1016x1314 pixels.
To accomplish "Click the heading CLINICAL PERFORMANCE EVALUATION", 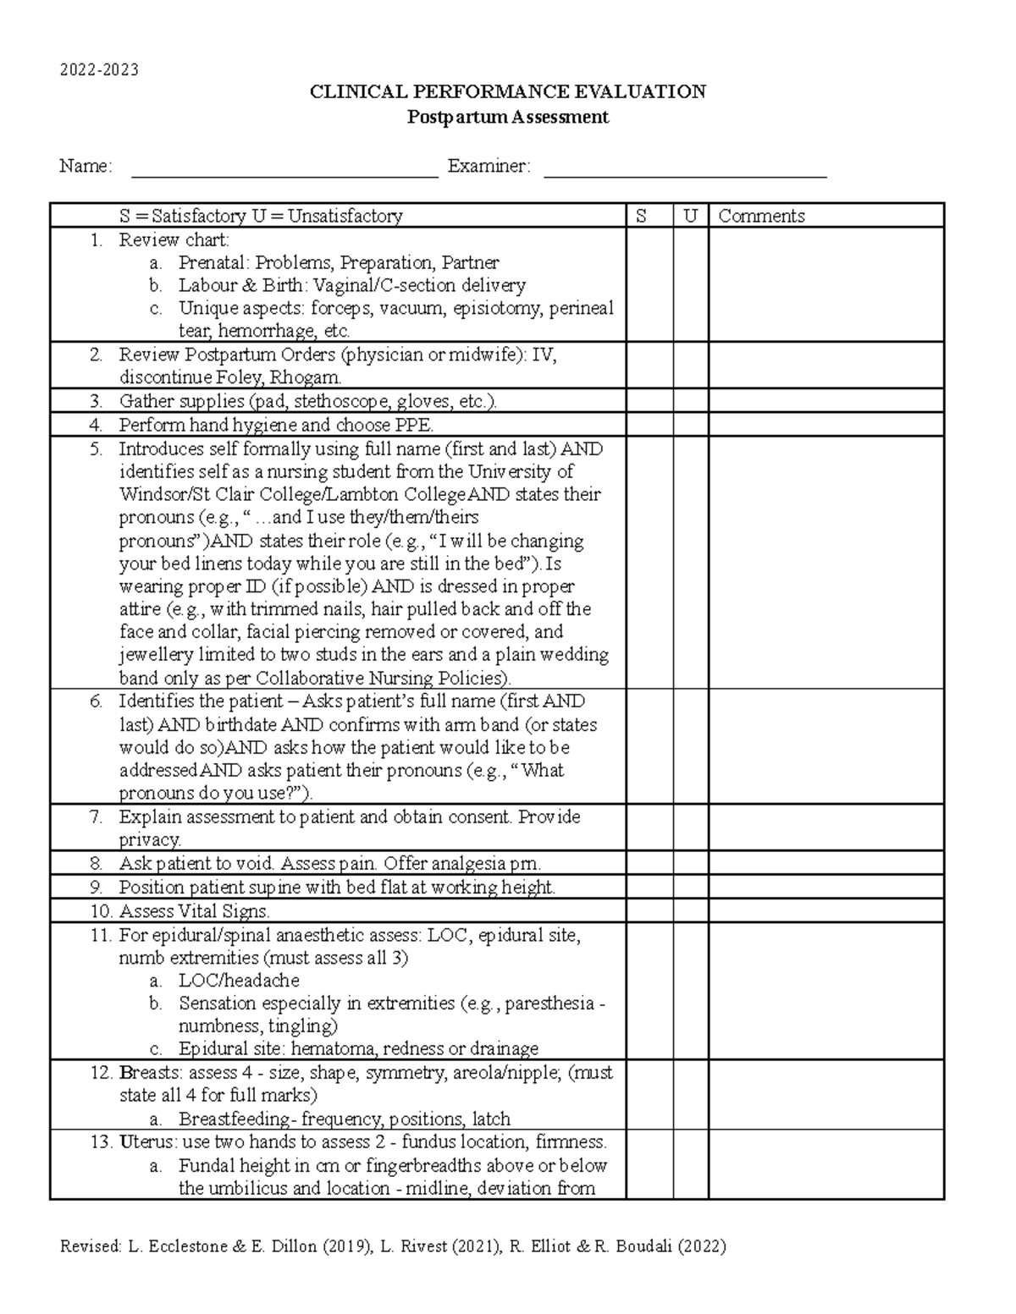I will [508, 91].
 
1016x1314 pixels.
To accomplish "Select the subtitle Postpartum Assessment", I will [508, 118].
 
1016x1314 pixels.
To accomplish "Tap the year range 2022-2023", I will [99, 69].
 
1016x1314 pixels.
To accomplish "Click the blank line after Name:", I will [284, 169].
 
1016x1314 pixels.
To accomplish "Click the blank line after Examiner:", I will [684, 169].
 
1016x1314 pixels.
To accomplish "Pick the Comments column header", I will [761, 216].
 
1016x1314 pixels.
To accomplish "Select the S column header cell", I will [649, 216].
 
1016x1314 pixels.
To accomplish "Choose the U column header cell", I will [691, 216].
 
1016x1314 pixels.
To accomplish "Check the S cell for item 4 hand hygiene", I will [649, 425].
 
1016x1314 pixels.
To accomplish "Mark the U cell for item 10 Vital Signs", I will [691, 911].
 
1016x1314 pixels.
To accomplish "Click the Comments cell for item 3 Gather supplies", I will [825, 401].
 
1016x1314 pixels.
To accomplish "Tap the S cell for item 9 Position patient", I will [649, 888].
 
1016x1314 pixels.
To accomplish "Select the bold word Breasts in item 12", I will [151, 1073].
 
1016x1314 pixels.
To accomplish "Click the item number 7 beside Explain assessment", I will [97, 817].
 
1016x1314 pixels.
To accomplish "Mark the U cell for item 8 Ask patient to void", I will [691, 864].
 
